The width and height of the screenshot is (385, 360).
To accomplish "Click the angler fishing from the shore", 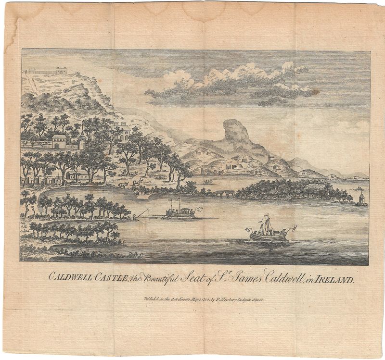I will [x=138, y=215].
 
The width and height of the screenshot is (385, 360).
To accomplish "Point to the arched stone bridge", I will [x=225, y=193].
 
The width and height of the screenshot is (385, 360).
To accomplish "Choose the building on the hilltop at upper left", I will [x=61, y=71].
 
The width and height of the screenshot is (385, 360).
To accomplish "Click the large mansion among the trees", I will [x=122, y=131].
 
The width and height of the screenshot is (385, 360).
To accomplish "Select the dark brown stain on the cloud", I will [x=314, y=91].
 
